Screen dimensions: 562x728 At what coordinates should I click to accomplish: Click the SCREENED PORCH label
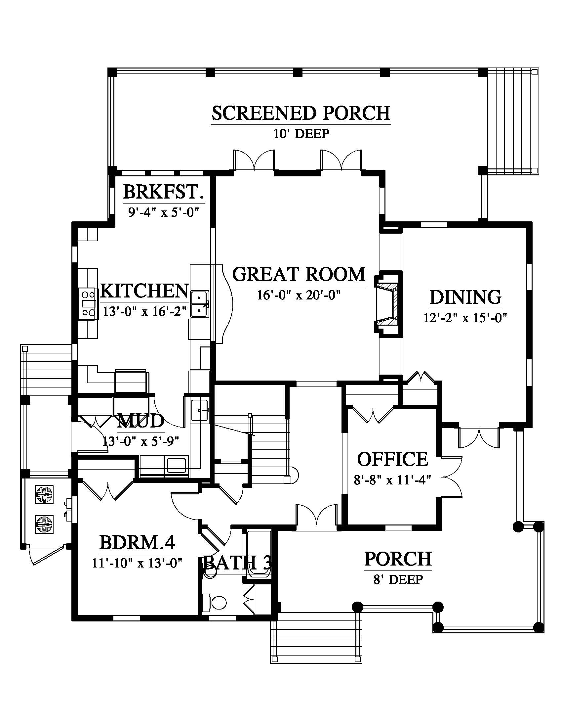coord(301,113)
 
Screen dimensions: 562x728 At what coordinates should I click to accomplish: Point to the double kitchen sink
coord(200,304)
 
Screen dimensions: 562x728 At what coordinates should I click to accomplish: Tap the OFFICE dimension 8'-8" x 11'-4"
coord(392,480)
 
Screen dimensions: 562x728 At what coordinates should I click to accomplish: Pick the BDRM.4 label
coord(137,542)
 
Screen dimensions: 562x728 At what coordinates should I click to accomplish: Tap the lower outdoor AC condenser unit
coord(44,524)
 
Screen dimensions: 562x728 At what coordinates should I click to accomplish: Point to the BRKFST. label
coord(163,192)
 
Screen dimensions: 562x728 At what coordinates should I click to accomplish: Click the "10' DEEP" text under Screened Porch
coord(301,134)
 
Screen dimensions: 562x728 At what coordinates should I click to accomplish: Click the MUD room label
coord(141,421)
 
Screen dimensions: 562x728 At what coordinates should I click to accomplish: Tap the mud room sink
coord(199,410)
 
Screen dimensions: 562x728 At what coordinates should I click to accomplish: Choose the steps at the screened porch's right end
coord(513,121)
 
